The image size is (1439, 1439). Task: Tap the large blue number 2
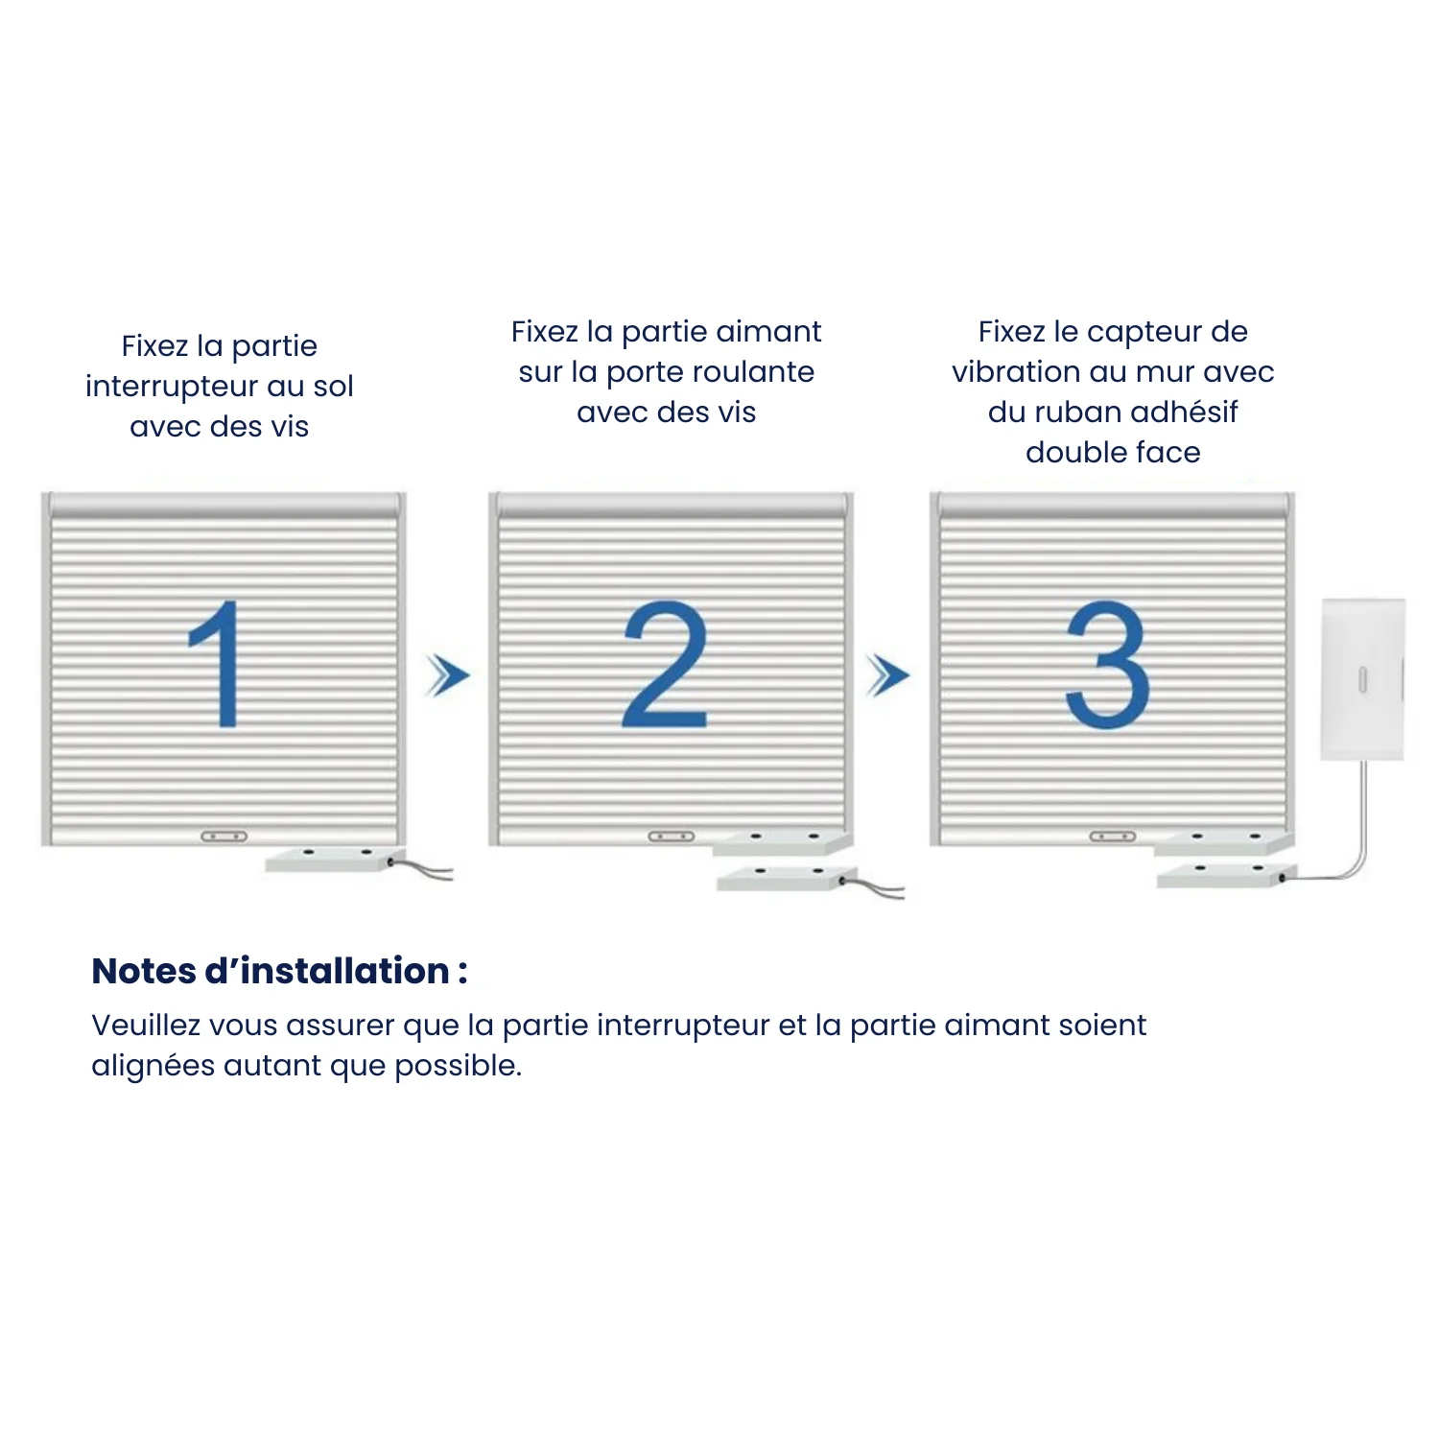[665, 664]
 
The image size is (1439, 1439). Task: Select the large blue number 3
[1108, 664]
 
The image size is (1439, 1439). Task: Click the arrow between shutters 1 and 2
[448, 676]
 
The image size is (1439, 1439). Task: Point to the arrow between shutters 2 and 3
[887, 676]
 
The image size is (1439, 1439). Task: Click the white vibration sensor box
[1362, 679]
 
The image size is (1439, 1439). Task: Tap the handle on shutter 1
[224, 837]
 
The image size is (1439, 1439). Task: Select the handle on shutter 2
[671, 837]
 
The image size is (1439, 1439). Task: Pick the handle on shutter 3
[1112, 837]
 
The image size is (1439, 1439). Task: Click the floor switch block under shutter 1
[331, 860]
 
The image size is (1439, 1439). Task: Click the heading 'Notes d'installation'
[279, 971]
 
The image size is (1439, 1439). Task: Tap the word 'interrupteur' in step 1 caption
[172, 386]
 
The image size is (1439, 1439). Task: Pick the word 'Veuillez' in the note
[146, 1025]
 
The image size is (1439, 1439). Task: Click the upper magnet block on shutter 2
[782, 843]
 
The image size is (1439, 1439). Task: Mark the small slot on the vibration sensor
[1362, 680]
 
